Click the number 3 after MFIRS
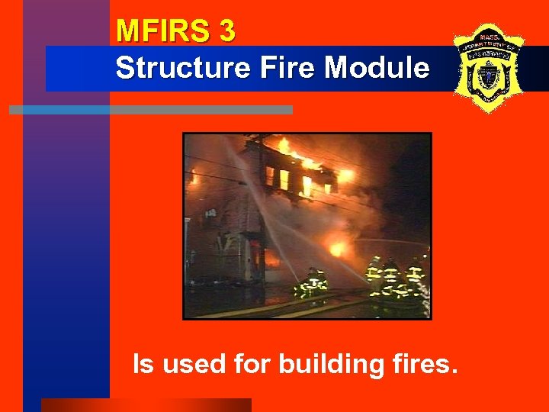[226, 31]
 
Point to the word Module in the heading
[377, 68]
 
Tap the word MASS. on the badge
[487, 37]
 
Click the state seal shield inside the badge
[486, 76]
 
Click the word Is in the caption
[143, 364]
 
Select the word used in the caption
[193, 364]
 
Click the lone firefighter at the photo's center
[312, 282]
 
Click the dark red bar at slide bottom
[145, 404]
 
